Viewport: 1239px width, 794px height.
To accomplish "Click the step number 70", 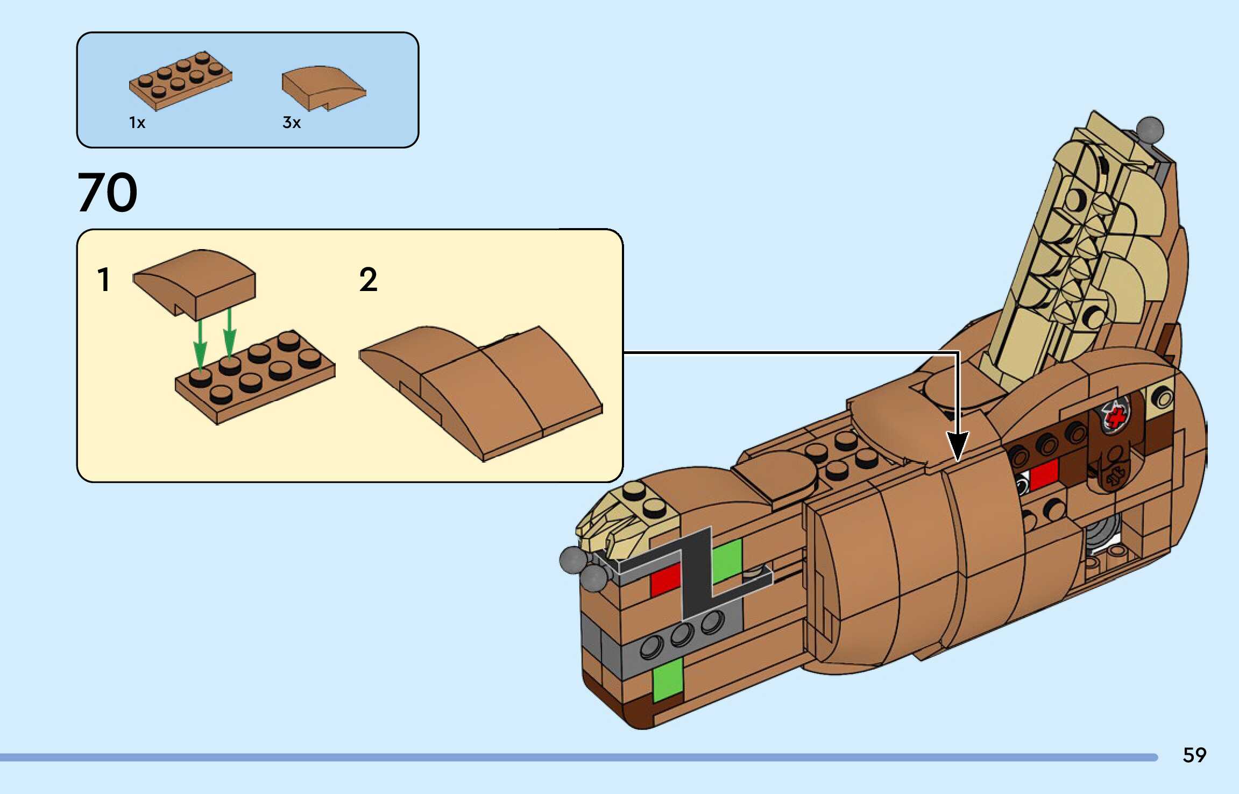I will tap(108, 192).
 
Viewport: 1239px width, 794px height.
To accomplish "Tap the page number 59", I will tap(1194, 755).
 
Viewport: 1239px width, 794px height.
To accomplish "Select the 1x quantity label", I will tap(137, 123).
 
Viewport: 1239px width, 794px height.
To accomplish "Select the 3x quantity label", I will tap(291, 123).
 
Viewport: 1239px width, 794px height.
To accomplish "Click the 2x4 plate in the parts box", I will tap(180, 81).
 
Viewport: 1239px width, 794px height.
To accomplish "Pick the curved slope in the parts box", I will tap(323, 87).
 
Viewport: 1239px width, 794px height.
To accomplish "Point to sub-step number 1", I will tap(104, 280).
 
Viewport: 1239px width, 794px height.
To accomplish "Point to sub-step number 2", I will tap(368, 280).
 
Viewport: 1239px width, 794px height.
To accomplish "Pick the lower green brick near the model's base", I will tap(668, 679).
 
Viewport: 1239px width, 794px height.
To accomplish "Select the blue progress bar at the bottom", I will tap(578, 757).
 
